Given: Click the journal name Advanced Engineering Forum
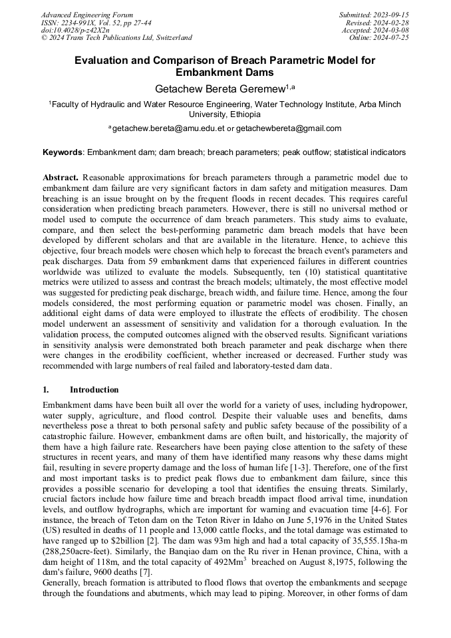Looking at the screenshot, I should [86, 15].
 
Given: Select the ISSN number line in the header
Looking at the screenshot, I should [96, 23].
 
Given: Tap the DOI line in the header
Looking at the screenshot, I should [75, 30].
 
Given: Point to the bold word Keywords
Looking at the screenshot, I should [63, 152].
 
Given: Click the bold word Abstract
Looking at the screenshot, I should [61, 178].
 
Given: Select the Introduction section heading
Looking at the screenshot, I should [94, 390].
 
